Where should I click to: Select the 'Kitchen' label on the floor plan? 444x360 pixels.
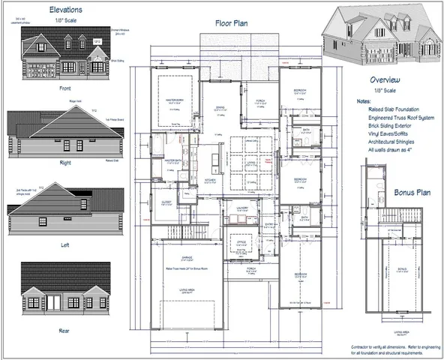coord(211,180)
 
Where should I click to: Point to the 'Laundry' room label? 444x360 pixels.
coord(241,209)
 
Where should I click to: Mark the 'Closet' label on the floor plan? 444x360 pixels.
coord(166,202)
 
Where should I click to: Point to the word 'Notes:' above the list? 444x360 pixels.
coord(364,100)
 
